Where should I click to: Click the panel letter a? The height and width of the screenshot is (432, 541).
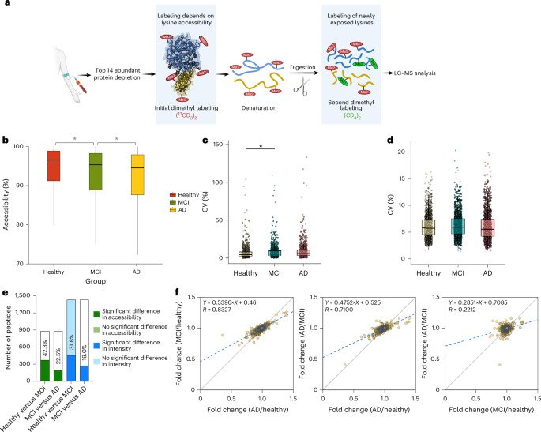[6, 6]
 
